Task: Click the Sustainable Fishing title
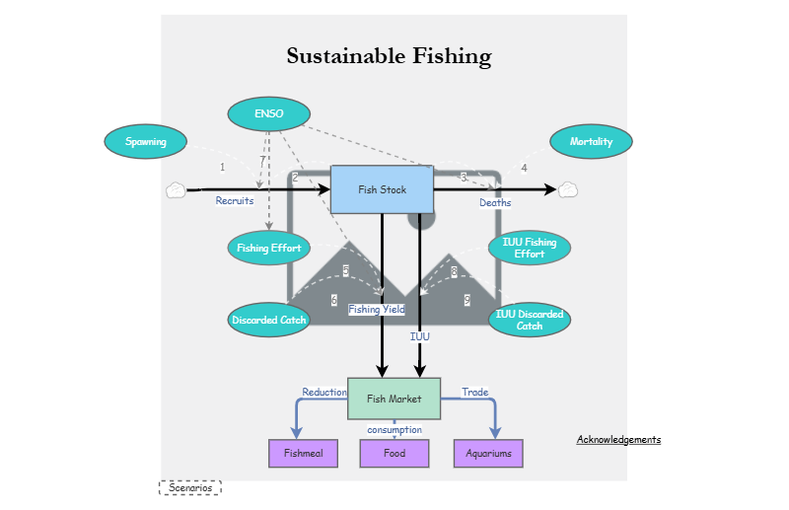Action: [389, 56]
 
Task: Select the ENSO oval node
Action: [268, 113]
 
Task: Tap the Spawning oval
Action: [145, 141]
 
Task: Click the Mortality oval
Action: [591, 141]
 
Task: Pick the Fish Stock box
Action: [382, 189]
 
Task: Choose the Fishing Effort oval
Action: [268, 248]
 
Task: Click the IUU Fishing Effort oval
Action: [530, 248]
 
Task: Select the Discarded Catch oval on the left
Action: [268, 320]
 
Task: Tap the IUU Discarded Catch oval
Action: [530, 320]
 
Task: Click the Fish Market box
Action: [394, 399]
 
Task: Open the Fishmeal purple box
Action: [303, 454]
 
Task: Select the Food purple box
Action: [394, 454]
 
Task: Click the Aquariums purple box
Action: [488, 454]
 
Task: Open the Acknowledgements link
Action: [618, 439]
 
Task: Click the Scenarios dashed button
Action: [189, 487]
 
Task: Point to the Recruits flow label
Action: [235, 201]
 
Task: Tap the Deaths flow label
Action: [495, 203]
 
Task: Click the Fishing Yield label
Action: [376, 310]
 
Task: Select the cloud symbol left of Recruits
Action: [176, 190]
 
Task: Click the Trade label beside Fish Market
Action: [474, 393]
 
